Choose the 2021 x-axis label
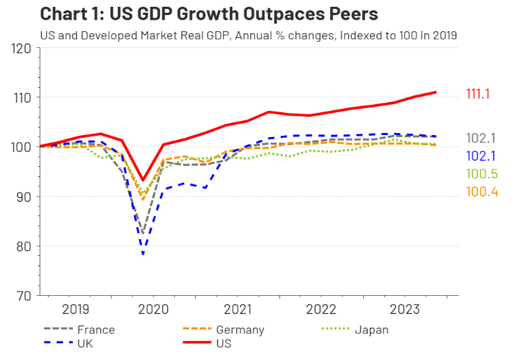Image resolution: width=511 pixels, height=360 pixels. [x=238, y=311]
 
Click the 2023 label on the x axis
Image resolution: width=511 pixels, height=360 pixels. [x=403, y=311]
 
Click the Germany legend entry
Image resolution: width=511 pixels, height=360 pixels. [x=240, y=330]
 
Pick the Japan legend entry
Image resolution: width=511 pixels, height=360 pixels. [x=371, y=330]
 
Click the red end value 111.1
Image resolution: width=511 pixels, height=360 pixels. [x=481, y=95]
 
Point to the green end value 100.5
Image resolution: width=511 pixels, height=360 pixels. [x=481, y=174]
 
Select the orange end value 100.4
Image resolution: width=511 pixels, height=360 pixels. [x=481, y=192]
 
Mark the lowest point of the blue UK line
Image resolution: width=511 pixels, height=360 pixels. [x=143, y=255]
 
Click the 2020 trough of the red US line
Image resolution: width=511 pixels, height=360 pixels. [x=143, y=180]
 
